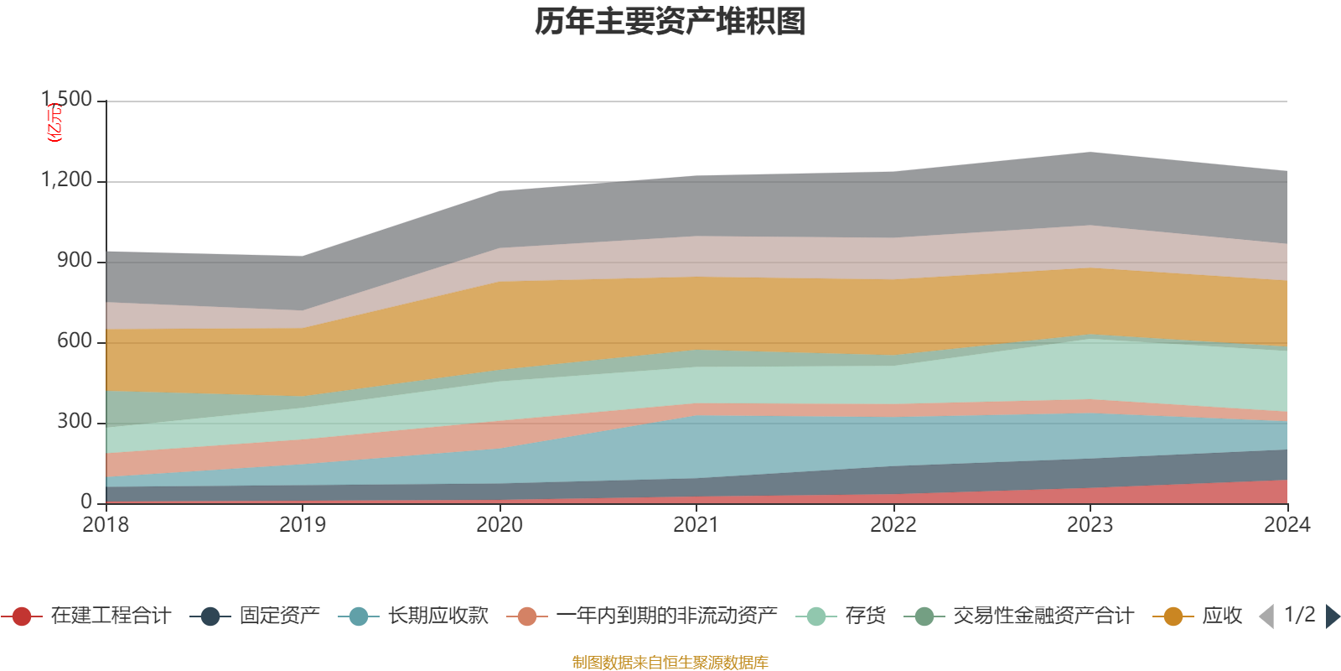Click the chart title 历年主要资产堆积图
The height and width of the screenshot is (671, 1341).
(x=670, y=22)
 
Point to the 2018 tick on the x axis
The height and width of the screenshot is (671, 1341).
(x=106, y=525)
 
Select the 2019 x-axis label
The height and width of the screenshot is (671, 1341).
(x=303, y=525)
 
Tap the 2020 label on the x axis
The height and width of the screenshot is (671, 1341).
(x=500, y=525)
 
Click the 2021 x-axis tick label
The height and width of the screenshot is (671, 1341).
(x=696, y=525)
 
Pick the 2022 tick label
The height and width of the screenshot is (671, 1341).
(x=893, y=525)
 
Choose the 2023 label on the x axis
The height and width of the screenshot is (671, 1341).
(x=1090, y=525)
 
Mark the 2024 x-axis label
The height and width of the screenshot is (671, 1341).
(x=1287, y=525)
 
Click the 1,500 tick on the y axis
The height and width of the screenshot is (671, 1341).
(x=67, y=99)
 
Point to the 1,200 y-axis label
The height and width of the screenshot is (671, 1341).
(x=67, y=180)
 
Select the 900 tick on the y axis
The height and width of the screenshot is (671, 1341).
(x=75, y=261)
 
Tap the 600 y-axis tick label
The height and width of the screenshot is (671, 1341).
(x=75, y=341)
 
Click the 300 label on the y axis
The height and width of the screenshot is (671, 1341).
(x=75, y=422)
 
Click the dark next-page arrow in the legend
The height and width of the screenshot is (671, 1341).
(x=1332, y=616)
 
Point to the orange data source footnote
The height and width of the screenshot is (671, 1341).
(x=670, y=663)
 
